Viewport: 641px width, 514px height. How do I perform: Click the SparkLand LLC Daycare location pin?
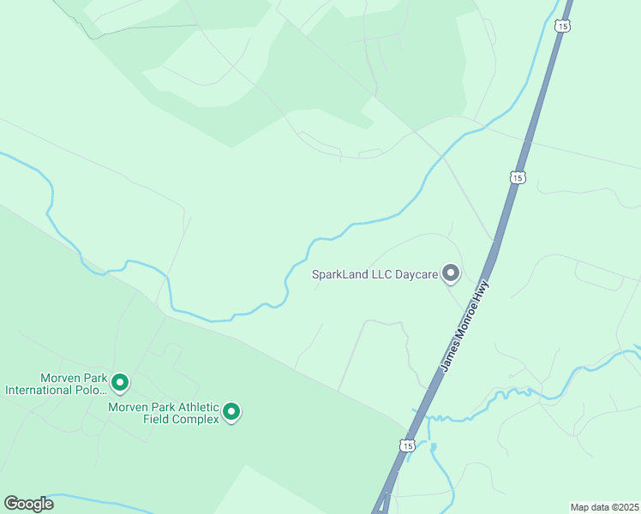pos(451,274)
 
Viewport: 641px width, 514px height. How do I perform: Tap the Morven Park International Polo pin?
pos(120,382)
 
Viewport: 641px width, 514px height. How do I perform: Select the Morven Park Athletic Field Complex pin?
pos(231,413)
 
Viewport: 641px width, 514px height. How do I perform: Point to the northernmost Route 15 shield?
pos(561,27)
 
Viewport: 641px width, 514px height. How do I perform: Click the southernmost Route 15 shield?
pos(407,445)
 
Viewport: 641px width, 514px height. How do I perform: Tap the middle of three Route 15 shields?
pos(516,177)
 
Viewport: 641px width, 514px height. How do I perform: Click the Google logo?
pos(28,504)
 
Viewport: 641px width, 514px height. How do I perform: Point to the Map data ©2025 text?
pos(605,506)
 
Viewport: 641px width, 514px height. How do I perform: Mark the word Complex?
pos(196,419)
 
